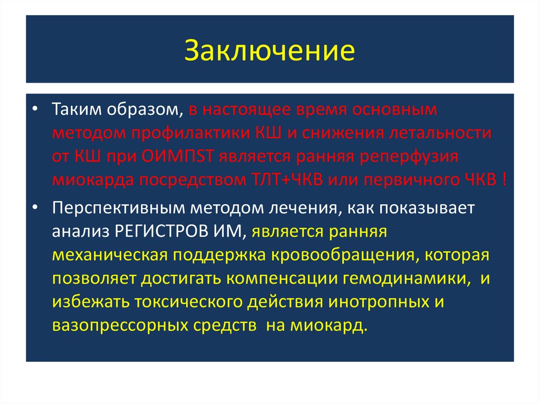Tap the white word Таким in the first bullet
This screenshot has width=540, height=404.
73,111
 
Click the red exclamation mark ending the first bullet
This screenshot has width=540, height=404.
505,180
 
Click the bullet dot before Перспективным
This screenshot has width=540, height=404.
34,208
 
